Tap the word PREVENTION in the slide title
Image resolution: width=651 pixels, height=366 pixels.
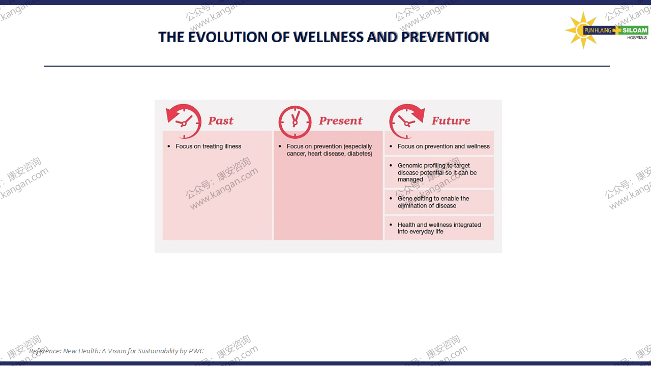[x=445, y=37]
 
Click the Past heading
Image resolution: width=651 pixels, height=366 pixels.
[x=221, y=120]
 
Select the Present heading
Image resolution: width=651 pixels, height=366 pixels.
[x=340, y=120]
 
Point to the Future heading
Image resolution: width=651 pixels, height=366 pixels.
[x=451, y=120]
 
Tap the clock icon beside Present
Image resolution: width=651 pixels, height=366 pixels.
[x=294, y=122]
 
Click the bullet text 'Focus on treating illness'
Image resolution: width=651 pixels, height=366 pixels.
[x=208, y=146]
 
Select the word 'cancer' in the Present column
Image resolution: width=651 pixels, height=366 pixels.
[x=296, y=154]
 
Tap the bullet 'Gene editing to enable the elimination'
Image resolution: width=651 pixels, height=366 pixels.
[x=433, y=202]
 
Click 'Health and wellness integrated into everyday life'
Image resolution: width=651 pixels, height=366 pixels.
[x=439, y=228]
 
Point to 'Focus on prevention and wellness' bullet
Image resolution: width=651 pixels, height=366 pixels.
[x=443, y=146]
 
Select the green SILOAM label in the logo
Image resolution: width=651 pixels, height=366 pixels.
[x=634, y=30]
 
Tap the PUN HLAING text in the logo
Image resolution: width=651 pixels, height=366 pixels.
[x=598, y=30]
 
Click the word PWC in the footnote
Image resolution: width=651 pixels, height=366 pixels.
[x=196, y=351]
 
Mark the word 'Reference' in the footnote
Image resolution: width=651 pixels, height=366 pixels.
[x=44, y=351]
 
